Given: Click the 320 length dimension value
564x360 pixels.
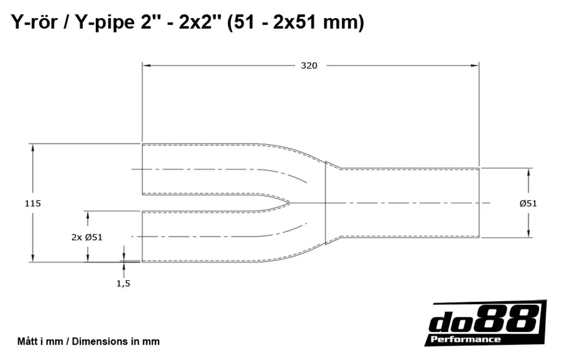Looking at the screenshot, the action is (x=309, y=66).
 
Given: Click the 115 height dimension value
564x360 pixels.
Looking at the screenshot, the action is (x=32, y=204).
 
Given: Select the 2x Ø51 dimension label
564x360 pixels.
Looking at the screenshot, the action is (x=87, y=237).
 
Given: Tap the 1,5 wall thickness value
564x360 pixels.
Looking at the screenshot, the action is (x=123, y=283).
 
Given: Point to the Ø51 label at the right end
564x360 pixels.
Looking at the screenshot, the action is (x=528, y=204).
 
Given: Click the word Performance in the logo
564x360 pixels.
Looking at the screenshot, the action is (x=465, y=339).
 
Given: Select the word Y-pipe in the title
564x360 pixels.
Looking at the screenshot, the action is (x=103, y=23).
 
